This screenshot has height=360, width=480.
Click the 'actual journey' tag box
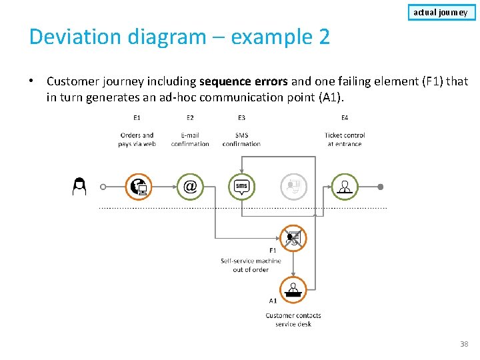pos(441,12)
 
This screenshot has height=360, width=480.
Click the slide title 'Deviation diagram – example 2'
pos(179,37)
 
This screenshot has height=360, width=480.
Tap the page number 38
pos(464,344)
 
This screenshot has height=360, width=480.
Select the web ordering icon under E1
pos(138,187)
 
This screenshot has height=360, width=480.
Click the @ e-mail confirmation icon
pos(190,187)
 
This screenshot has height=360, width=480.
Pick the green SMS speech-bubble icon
pos(241,187)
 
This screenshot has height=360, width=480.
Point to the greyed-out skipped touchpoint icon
pos(293,187)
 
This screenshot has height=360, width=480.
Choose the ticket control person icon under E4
pos(345,187)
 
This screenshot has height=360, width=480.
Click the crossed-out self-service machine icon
pos(293,237)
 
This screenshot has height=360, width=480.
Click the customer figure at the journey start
pos(79,187)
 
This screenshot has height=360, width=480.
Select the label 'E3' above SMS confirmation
pos(241,118)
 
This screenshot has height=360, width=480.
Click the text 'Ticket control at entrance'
pos(345,139)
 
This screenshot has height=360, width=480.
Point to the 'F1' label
pos(273,251)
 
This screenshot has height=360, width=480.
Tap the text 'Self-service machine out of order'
pos(251,265)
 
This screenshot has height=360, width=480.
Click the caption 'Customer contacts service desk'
pos(293,320)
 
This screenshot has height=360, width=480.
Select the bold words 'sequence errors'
pos(244,81)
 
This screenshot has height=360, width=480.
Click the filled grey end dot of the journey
pos(381,187)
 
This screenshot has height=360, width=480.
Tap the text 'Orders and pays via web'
pos(137,139)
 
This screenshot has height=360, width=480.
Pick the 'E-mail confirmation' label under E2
pos(190,139)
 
